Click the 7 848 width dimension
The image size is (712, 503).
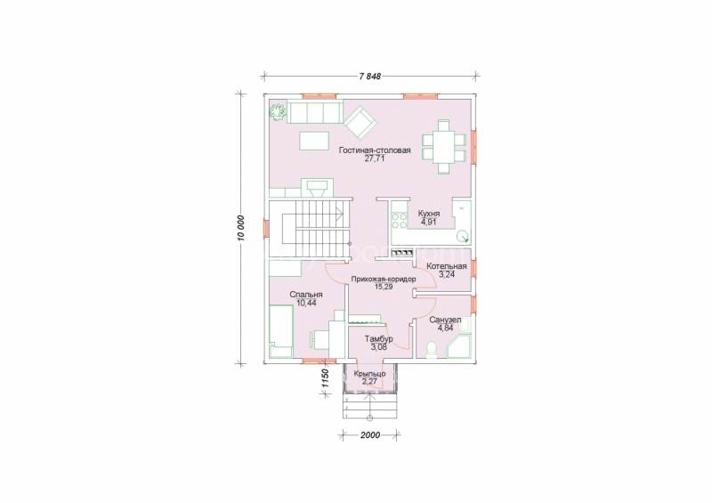[x=369, y=77]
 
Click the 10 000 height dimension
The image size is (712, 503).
[x=241, y=227]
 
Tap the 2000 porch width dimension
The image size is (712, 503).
[x=370, y=434]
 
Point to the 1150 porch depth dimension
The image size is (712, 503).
[x=324, y=378]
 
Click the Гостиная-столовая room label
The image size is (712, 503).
[x=375, y=150]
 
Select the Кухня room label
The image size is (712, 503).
[x=429, y=214]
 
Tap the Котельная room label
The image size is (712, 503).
[x=447, y=266]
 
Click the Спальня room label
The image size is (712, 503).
[x=306, y=295]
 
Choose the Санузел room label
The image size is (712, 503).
[x=445, y=320]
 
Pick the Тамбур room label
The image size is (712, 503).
[x=379, y=339]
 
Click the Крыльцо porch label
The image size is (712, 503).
[x=369, y=374]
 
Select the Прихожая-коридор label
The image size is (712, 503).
[x=384, y=279]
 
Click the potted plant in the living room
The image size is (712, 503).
[x=277, y=112]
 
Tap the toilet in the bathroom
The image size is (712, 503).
[x=433, y=350]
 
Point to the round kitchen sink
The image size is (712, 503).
[x=463, y=236]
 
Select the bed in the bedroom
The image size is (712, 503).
[x=281, y=332]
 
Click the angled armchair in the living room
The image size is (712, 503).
[x=360, y=122]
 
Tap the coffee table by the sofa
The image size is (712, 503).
[x=314, y=141]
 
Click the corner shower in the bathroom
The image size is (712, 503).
[x=459, y=347]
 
